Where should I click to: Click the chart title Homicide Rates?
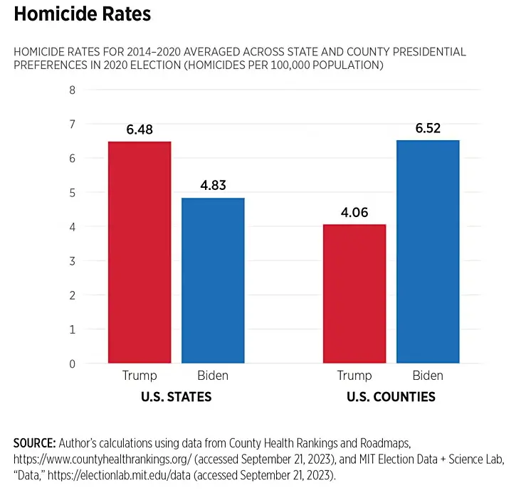(82, 14)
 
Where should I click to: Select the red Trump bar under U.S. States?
(140, 253)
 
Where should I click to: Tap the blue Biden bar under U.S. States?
(213, 280)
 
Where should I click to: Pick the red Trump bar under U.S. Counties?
(354, 294)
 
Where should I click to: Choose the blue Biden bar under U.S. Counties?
(428, 252)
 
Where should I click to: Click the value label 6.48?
(140, 129)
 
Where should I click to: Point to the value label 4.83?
(213, 186)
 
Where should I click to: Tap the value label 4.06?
(354, 212)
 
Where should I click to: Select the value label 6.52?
(428, 128)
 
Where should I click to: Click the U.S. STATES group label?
(177, 397)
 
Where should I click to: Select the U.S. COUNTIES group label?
(391, 397)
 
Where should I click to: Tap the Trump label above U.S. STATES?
(140, 376)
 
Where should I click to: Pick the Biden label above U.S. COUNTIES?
(428, 376)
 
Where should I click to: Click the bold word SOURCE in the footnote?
(34, 442)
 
